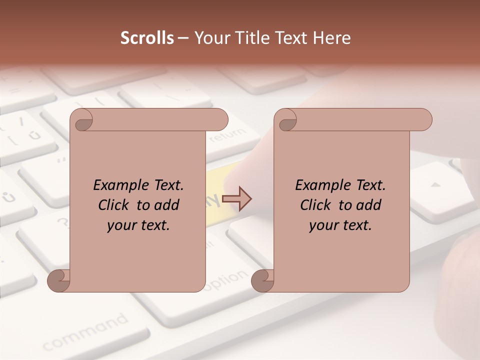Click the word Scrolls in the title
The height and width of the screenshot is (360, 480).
[147, 38]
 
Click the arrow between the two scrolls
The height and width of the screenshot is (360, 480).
[237, 199]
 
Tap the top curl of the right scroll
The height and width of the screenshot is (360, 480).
[286, 120]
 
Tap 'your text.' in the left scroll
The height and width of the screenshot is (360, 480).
[138, 225]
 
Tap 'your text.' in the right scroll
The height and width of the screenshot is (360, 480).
[340, 225]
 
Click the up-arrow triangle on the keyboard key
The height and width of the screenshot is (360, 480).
[436, 185]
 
